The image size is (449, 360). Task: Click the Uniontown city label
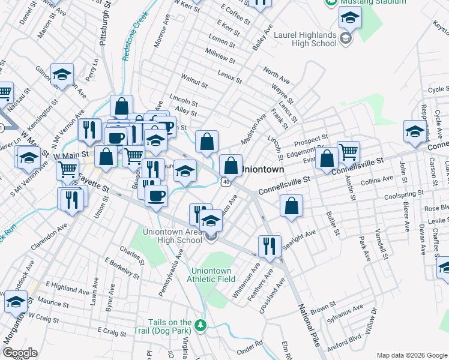[262, 170]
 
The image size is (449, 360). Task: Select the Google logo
[20, 353]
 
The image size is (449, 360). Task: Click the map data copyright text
[412, 355]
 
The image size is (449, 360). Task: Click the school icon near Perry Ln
[62, 74]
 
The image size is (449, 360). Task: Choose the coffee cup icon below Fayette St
[156, 195]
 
